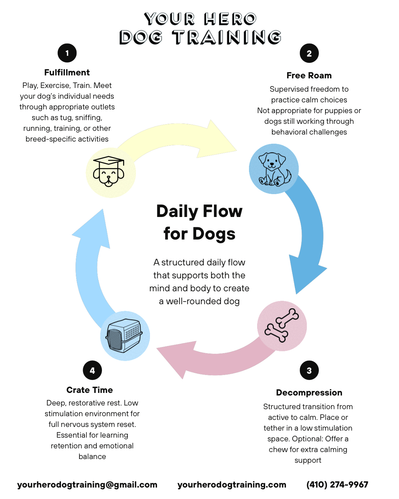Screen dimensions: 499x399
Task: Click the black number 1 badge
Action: tap(67, 53)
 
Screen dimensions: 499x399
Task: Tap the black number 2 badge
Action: tap(309, 54)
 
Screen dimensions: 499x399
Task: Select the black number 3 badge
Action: tap(309, 370)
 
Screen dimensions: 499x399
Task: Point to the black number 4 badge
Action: tap(92, 370)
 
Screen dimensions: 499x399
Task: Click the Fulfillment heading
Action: tap(67, 72)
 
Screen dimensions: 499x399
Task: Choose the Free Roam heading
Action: tap(309, 75)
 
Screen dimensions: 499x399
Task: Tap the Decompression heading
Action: tap(309, 393)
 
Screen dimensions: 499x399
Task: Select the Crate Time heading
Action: tap(89, 390)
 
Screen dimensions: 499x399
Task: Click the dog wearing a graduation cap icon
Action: tap(109, 172)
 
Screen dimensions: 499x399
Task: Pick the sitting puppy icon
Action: tap(274, 169)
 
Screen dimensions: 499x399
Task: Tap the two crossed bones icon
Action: tap(282, 325)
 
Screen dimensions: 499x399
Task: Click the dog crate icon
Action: tap(125, 335)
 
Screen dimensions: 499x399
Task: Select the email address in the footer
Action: tap(87, 485)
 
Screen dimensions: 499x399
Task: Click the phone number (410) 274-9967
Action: tap(337, 485)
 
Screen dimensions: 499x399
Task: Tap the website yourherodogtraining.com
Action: tap(232, 485)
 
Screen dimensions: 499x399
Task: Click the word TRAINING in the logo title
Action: tap(227, 38)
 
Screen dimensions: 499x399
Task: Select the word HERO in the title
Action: tap(230, 19)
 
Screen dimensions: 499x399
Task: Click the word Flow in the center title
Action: tap(222, 211)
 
